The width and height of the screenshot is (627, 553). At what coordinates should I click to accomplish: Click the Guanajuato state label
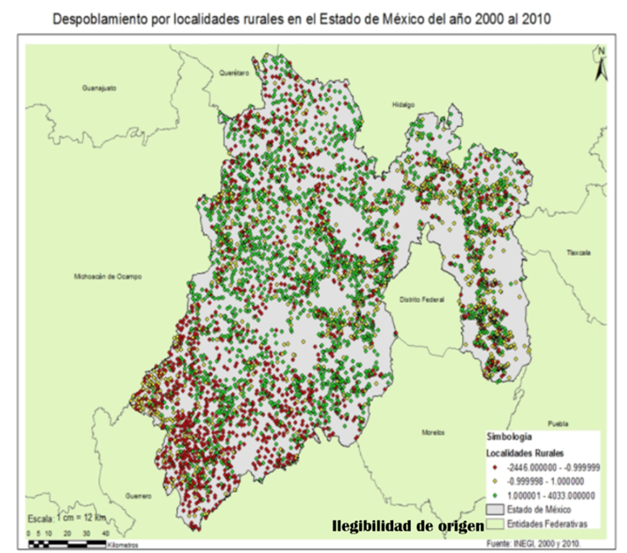point(99,88)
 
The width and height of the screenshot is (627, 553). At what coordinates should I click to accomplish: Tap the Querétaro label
point(233,73)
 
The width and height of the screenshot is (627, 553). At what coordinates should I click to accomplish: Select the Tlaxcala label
point(579,252)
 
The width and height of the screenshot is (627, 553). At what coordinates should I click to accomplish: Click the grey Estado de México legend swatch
point(494,509)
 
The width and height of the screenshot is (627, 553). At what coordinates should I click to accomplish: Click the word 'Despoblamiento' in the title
point(95,17)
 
